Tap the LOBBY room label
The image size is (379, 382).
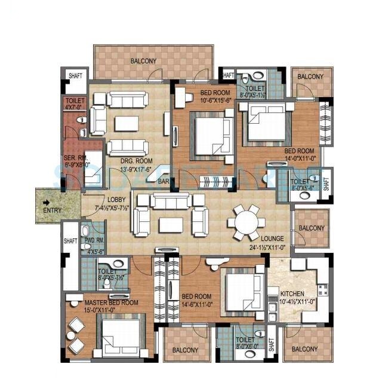tap(116, 200)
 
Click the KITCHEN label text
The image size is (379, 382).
tap(292, 294)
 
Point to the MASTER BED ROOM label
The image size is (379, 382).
tap(112, 302)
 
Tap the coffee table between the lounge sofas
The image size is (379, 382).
tap(171, 224)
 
